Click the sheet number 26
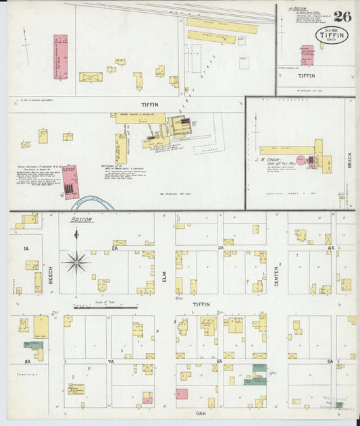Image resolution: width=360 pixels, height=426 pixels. pyautogui.click(x=342, y=16)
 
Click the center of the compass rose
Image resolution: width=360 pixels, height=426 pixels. pyautogui.click(x=76, y=262)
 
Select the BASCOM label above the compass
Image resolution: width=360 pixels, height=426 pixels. pyautogui.click(x=81, y=220)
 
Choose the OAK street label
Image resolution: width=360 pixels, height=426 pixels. pyautogui.click(x=200, y=412)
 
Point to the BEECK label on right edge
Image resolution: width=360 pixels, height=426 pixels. pyautogui.click(x=349, y=160)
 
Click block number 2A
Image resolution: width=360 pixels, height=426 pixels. pyautogui.click(x=115, y=248)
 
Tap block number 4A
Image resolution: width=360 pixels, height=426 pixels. pyautogui.click(x=331, y=248)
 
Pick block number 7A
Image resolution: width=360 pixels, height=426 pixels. pyautogui.click(x=110, y=362)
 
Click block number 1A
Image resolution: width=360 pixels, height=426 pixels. pyautogui.click(x=26, y=249)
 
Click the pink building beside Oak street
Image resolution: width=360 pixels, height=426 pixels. pyautogui.click(x=182, y=394)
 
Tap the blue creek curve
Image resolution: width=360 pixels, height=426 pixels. pyautogui.click(x=94, y=204)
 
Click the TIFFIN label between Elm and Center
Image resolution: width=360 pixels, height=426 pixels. pyautogui.click(x=201, y=304)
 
